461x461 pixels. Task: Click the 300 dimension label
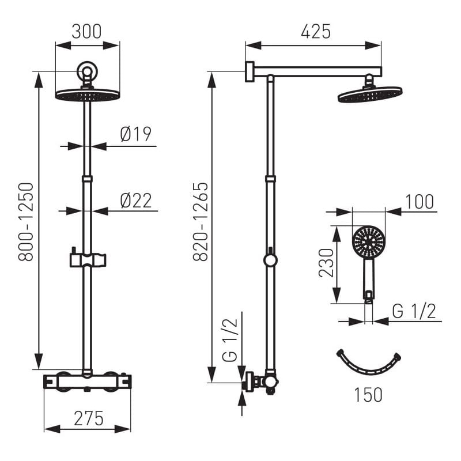[x=87, y=32]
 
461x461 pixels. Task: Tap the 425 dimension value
[x=316, y=32]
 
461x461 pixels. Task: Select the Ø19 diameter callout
[x=136, y=134]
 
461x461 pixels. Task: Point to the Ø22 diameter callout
[x=136, y=201]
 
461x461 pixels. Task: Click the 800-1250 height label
[x=26, y=222]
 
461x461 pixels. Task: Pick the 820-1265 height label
[x=201, y=222]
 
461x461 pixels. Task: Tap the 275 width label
[x=89, y=418]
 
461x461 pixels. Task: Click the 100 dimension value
[x=420, y=202]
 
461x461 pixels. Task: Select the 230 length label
[x=326, y=263]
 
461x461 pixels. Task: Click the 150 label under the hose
[x=368, y=395]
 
